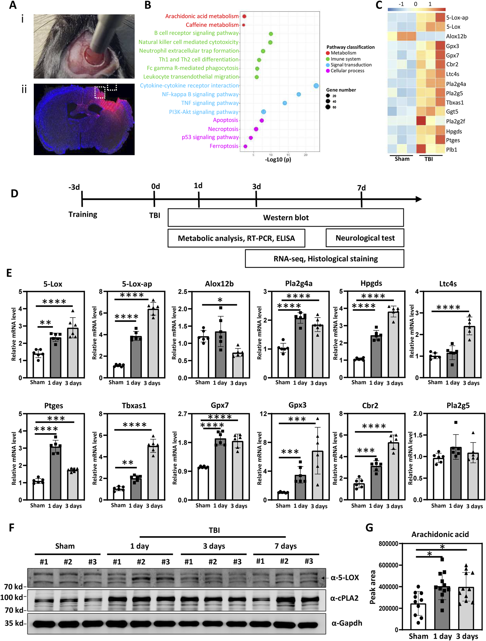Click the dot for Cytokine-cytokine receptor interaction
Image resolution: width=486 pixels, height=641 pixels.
click(x=316, y=86)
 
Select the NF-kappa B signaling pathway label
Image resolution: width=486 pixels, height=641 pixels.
click(x=200, y=95)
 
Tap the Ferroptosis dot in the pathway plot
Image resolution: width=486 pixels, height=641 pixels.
click(x=245, y=147)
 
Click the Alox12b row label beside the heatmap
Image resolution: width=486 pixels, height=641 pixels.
click(x=456, y=37)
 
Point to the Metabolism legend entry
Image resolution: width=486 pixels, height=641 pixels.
click(x=343, y=53)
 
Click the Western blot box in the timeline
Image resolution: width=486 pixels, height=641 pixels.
click(x=286, y=218)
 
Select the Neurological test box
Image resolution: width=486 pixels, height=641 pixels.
click(x=365, y=238)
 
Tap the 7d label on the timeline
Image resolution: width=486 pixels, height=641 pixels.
click(x=361, y=188)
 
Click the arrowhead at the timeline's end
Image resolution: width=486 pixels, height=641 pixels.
click(x=418, y=199)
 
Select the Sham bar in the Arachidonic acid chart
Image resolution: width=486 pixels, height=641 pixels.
click(x=418, y=617)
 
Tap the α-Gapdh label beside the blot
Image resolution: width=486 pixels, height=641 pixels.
click(x=347, y=623)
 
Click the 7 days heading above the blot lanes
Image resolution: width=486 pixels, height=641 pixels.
click(x=286, y=546)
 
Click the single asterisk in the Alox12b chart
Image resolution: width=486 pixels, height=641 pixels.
click(x=220, y=300)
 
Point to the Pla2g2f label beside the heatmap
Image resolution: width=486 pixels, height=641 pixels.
click(x=455, y=121)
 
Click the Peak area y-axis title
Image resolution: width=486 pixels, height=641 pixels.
click(x=373, y=587)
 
